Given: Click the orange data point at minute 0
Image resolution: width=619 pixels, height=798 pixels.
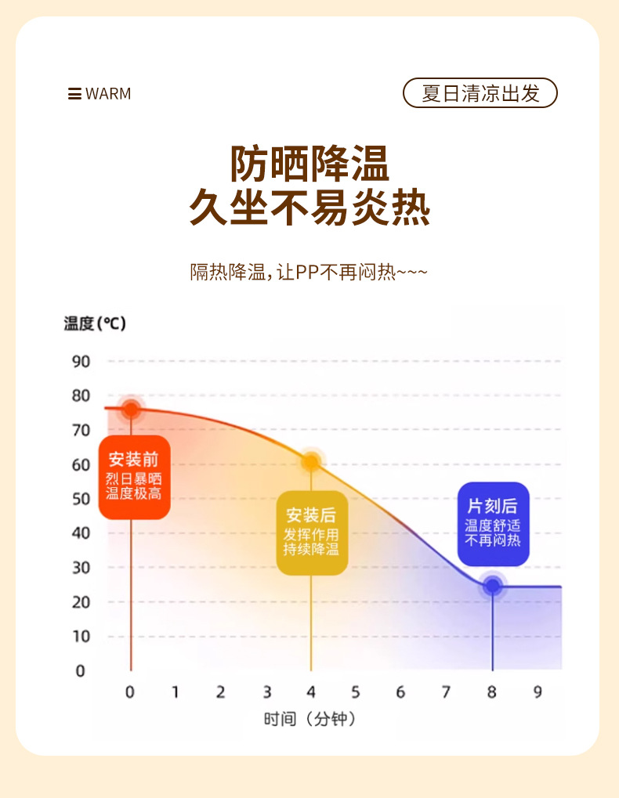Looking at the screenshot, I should click(131, 409).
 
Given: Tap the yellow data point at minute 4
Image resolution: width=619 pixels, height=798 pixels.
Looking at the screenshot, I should click(311, 462).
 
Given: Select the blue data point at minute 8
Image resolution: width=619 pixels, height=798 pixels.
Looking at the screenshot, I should click(492, 585).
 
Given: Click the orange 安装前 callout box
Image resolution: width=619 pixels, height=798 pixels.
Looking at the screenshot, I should click(134, 477).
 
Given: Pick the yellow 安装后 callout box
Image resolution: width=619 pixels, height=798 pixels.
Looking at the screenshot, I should click(311, 533).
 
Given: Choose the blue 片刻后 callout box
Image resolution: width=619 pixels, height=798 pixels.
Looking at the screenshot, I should click(493, 523).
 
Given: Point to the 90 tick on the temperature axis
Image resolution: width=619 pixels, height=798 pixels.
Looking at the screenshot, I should click(81, 361).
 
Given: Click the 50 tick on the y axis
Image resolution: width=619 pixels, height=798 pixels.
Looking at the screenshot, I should click(81, 499).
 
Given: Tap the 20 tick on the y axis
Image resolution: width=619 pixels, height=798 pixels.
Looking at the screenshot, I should click(81, 601).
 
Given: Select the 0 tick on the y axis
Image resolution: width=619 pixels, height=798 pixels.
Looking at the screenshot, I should click(79, 670).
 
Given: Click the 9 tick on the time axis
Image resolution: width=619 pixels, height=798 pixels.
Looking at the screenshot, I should click(538, 691).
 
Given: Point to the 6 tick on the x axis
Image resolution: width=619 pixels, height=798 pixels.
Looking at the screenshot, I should click(401, 691).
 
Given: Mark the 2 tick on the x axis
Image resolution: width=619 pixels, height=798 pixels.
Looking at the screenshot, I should click(221, 691).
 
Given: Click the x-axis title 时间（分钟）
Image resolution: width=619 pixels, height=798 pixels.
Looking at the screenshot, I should click(311, 719).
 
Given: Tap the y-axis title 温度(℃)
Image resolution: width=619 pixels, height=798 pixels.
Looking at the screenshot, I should click(95, 323).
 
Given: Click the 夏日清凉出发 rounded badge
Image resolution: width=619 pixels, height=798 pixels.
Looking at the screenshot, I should click(480, 93).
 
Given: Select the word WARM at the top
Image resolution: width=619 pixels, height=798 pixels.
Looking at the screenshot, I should click(108, 94).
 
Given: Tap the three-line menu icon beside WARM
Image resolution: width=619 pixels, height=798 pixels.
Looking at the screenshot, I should click(74, 94).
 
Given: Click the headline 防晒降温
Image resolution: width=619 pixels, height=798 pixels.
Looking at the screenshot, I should click(309, 164).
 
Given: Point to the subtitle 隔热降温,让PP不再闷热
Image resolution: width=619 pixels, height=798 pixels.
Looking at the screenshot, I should click(309, 273).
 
